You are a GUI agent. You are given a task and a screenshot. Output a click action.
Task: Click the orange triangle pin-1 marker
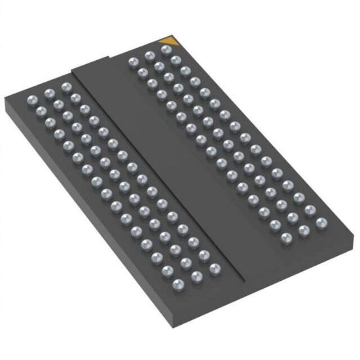(168, 43)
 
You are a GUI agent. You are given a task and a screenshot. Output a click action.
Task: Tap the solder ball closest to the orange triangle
(166, 50)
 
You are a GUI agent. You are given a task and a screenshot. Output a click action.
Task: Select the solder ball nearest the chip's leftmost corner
(31, 100)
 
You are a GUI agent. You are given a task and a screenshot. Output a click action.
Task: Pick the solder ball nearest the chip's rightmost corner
(321, 223)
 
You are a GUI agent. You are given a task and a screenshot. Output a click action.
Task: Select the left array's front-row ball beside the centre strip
(214, 267)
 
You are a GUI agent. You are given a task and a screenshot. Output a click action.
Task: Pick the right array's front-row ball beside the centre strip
(286, 238)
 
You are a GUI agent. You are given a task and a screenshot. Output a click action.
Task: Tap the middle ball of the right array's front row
(304, 230)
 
